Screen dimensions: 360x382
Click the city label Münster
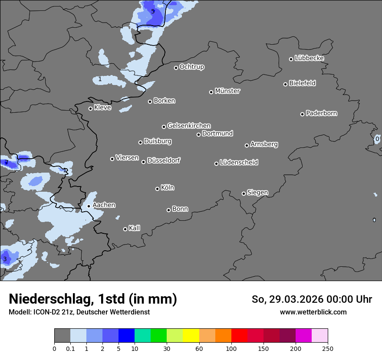click(227, 91)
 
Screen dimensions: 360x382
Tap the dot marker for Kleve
click(90, 108)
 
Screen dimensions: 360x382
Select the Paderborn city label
click(321, 113)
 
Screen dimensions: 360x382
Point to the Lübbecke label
click(309, 58)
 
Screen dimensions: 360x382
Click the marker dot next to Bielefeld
click(286, 84)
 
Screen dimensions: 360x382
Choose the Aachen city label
click(104, 205)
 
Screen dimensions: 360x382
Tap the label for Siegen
click(257, 193)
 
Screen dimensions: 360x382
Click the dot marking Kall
click(125, 229)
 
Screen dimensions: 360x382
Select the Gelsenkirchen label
click(189, 126)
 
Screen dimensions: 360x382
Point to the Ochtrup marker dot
click(176, 68)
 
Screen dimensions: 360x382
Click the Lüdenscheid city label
click(239, 163)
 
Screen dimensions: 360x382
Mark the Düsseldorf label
click(164, 160)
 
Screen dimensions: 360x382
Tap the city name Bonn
click(180, 209)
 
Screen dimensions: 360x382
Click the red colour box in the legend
click(239, 336)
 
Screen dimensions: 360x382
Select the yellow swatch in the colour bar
click(191, 336)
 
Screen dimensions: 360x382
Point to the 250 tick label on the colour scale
click(328, 349)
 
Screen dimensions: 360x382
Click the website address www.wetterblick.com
click(313, 312)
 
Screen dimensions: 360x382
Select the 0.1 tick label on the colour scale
click(70, 349)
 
